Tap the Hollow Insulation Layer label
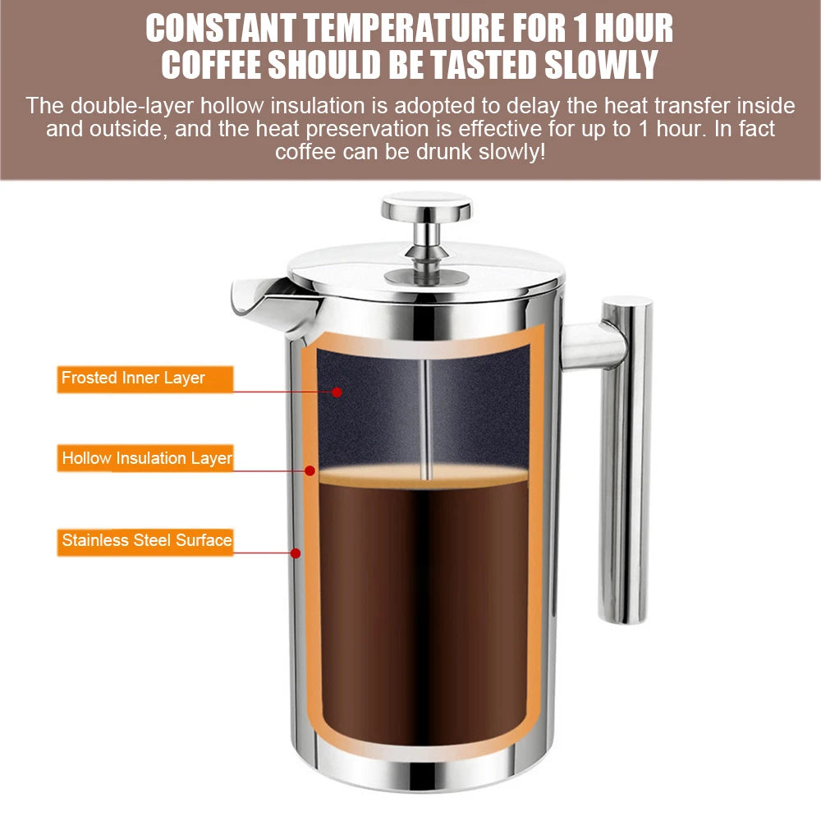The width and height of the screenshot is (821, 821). click(147, 458)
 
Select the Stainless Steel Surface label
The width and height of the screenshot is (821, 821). click(147, 540)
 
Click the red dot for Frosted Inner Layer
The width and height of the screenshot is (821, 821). click(337, 392)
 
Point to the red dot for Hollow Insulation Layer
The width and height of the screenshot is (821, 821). click(310, 470)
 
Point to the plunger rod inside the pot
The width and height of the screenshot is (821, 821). click(425, 419)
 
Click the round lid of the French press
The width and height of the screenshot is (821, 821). click(426, 267)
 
